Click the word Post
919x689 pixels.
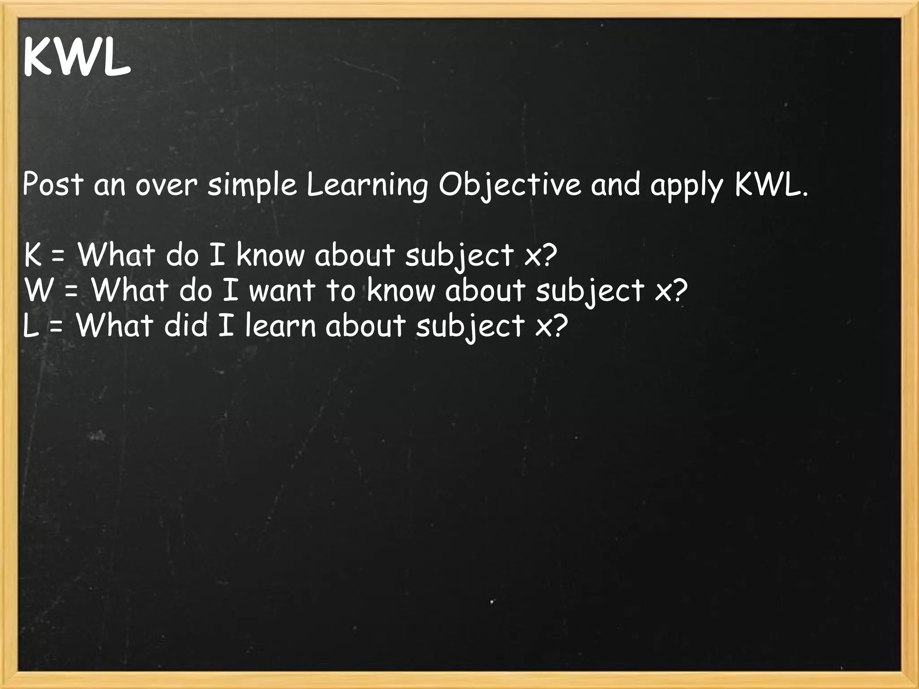53,184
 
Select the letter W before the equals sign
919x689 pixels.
37,290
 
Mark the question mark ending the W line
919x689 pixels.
678,290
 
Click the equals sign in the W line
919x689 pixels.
71,292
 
